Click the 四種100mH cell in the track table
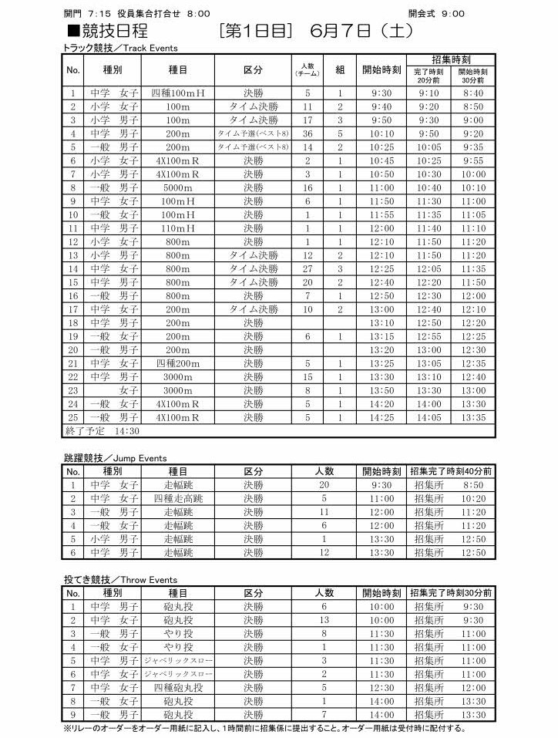178,93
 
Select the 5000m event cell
178,187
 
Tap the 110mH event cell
178,228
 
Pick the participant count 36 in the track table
308,133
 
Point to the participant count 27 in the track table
308,269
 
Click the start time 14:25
382,418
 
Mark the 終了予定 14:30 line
103,431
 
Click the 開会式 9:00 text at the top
436,14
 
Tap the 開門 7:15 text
86,14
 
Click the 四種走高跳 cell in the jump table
178,498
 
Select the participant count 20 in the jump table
324,485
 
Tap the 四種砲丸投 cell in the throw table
178,688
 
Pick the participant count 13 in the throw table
324,620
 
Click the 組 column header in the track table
340,69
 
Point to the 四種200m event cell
178,363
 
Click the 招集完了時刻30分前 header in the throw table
451,593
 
